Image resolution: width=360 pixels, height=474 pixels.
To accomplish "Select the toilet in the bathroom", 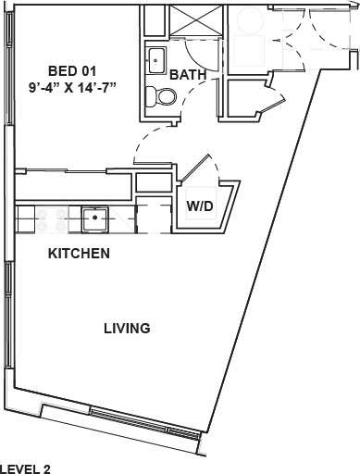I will coord(165,96).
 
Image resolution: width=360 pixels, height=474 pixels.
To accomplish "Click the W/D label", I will coord(202,206).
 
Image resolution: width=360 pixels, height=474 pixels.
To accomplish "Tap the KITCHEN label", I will coord(80,253).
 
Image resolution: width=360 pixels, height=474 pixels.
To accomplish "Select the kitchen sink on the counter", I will coord(94,218).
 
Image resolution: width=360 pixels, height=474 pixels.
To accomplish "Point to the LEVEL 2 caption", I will coord(25,468).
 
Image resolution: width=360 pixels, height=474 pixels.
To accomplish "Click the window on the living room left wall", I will coord(6,315).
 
